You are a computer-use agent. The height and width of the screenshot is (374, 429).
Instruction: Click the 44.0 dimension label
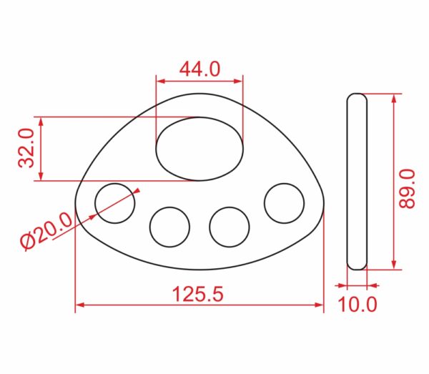(x=199, y=69)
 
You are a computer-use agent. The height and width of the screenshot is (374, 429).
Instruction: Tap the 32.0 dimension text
(x=26, y=148)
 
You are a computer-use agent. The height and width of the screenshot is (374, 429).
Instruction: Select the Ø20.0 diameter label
(x=46, y=231)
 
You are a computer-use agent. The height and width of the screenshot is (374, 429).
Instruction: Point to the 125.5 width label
(x=198, y=294)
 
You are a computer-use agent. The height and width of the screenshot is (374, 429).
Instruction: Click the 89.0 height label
(x=407, y=189)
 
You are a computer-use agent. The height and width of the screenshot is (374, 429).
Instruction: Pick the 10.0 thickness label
(x=357, y=304)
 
